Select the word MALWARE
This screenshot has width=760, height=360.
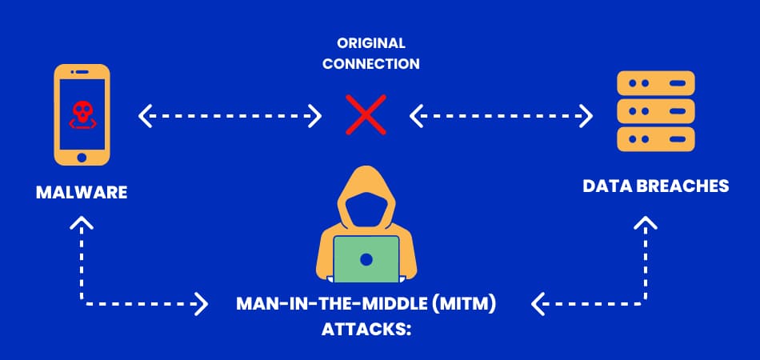pos(82,193)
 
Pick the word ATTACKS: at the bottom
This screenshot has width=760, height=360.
pos(366,329)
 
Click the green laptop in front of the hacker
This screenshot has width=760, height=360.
pos(366,259)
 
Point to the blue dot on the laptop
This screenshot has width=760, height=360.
pos(366,259)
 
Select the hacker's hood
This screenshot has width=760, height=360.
pos(366,196)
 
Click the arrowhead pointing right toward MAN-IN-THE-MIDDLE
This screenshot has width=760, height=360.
pos(201,304)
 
